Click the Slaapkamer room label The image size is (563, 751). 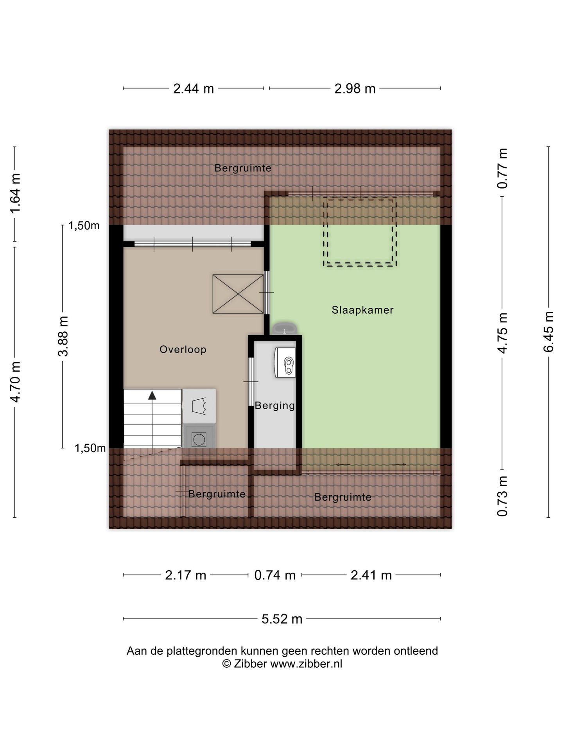click(362, 310)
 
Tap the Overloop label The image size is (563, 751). click(183, 350)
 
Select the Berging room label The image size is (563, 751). click(275, 406)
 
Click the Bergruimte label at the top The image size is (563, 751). click(243, 169)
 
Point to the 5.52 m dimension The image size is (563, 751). click(282, 619)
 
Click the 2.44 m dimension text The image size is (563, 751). click(194, 89)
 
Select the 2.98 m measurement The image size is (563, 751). click(355, 89)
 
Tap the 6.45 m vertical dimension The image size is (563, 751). click(549, 332)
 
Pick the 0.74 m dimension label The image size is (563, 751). click(275, 575)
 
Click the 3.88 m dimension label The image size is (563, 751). click(63, 336)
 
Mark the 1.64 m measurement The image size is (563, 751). click(15, 194)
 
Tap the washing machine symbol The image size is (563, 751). click(199, 437)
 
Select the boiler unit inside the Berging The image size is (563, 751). click(285, 363)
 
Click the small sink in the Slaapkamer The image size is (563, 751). click(285, 329)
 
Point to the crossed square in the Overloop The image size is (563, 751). click(238, 294)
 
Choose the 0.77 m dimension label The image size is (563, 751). click(502, 169)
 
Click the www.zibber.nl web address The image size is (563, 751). click(306, 664)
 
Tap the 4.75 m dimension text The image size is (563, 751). click(502, 333)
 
